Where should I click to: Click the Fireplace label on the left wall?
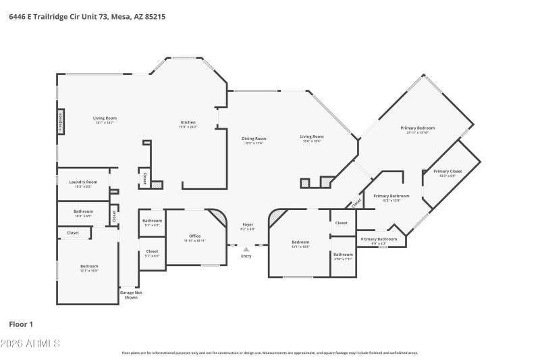click(60, 122)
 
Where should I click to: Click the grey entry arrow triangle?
click(246, 249)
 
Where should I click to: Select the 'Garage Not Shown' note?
click(131, 294)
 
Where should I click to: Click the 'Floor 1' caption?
click(21, 324)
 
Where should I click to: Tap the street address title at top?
click(88, 16)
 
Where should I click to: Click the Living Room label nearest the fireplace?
click(105, 120)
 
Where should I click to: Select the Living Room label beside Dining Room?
click(312, 138)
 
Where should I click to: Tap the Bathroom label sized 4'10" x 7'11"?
click(342, 256)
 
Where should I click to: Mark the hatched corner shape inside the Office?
click(218, 218)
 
